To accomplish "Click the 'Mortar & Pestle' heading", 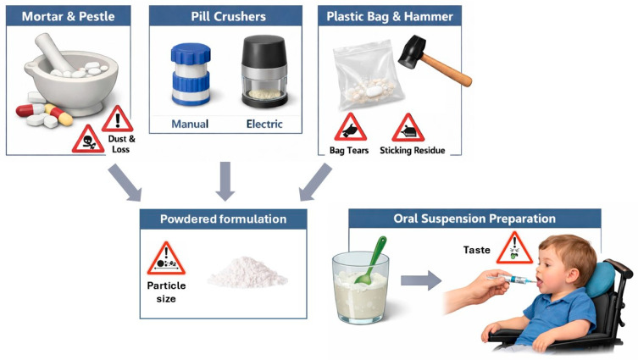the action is click(x=68, y=16).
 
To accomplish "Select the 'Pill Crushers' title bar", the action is click(x=226, y=16).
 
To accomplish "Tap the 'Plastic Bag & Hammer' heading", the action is click(x=390, y=16).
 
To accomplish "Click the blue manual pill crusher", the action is click(x=191, y=74).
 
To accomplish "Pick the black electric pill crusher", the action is click(x=264, y=71).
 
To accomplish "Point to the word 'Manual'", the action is click(x=190, y=124).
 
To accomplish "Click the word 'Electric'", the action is click(x=264, y=124).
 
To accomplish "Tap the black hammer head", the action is click(x=412, y=51).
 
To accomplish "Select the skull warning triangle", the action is click(x=88, y=140).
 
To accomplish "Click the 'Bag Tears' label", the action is click(x=349, y=151).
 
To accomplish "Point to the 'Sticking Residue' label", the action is click(x=412, y=151).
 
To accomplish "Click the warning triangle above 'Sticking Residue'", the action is click(x=408, y=128).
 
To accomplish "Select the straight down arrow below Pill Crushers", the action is click(x=225, y=181).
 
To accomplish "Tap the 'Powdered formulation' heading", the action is click(x=223, y=219).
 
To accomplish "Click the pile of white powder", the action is click(x=247, y=272).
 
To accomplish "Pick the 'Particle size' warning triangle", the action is click(x=166, y=258).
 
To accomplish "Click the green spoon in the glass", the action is click(x=370, y=260).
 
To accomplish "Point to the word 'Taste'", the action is click(x=476, y=250).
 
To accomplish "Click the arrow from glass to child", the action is click(x=421, y=280).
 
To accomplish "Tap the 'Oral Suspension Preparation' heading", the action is click(x=474, y=219).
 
